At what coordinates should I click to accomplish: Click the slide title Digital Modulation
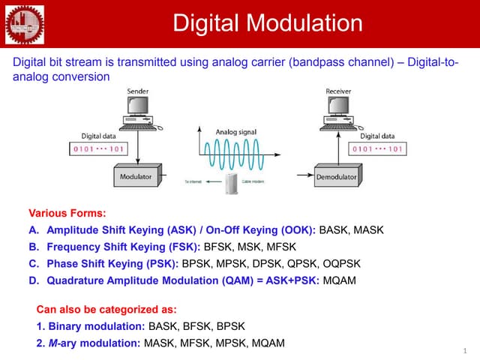(268, 23)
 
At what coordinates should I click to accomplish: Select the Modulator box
(136, 177)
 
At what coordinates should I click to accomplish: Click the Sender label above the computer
(137, 91)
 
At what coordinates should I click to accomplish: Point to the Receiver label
(338, 91)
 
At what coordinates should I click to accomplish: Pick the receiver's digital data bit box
(377, 149)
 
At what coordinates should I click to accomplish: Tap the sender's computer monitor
(139, 108)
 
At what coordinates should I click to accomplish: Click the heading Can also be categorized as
(106, 309)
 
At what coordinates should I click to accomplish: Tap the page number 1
(464, 350)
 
